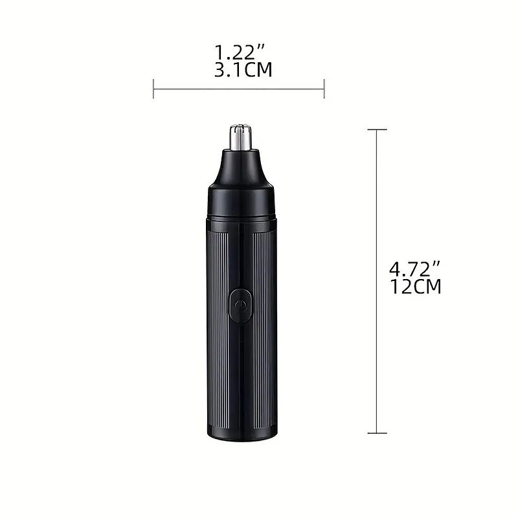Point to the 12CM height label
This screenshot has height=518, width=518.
click(416, 286)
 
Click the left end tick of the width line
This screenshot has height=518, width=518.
click(153, 89)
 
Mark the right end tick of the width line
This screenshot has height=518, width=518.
click(324, 89)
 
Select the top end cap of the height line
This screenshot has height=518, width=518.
click(377, 130)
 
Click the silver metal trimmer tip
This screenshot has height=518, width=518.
click(241, 135)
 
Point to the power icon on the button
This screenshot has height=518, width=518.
click(241, 304)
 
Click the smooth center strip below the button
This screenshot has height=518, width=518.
click(241, 376)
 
